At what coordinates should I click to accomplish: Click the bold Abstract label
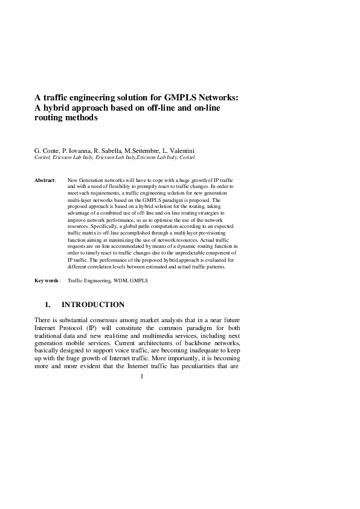pyautogui.click(x=45, y=180)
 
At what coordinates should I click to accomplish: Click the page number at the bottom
pyautogui.click(x=140, y=377)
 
